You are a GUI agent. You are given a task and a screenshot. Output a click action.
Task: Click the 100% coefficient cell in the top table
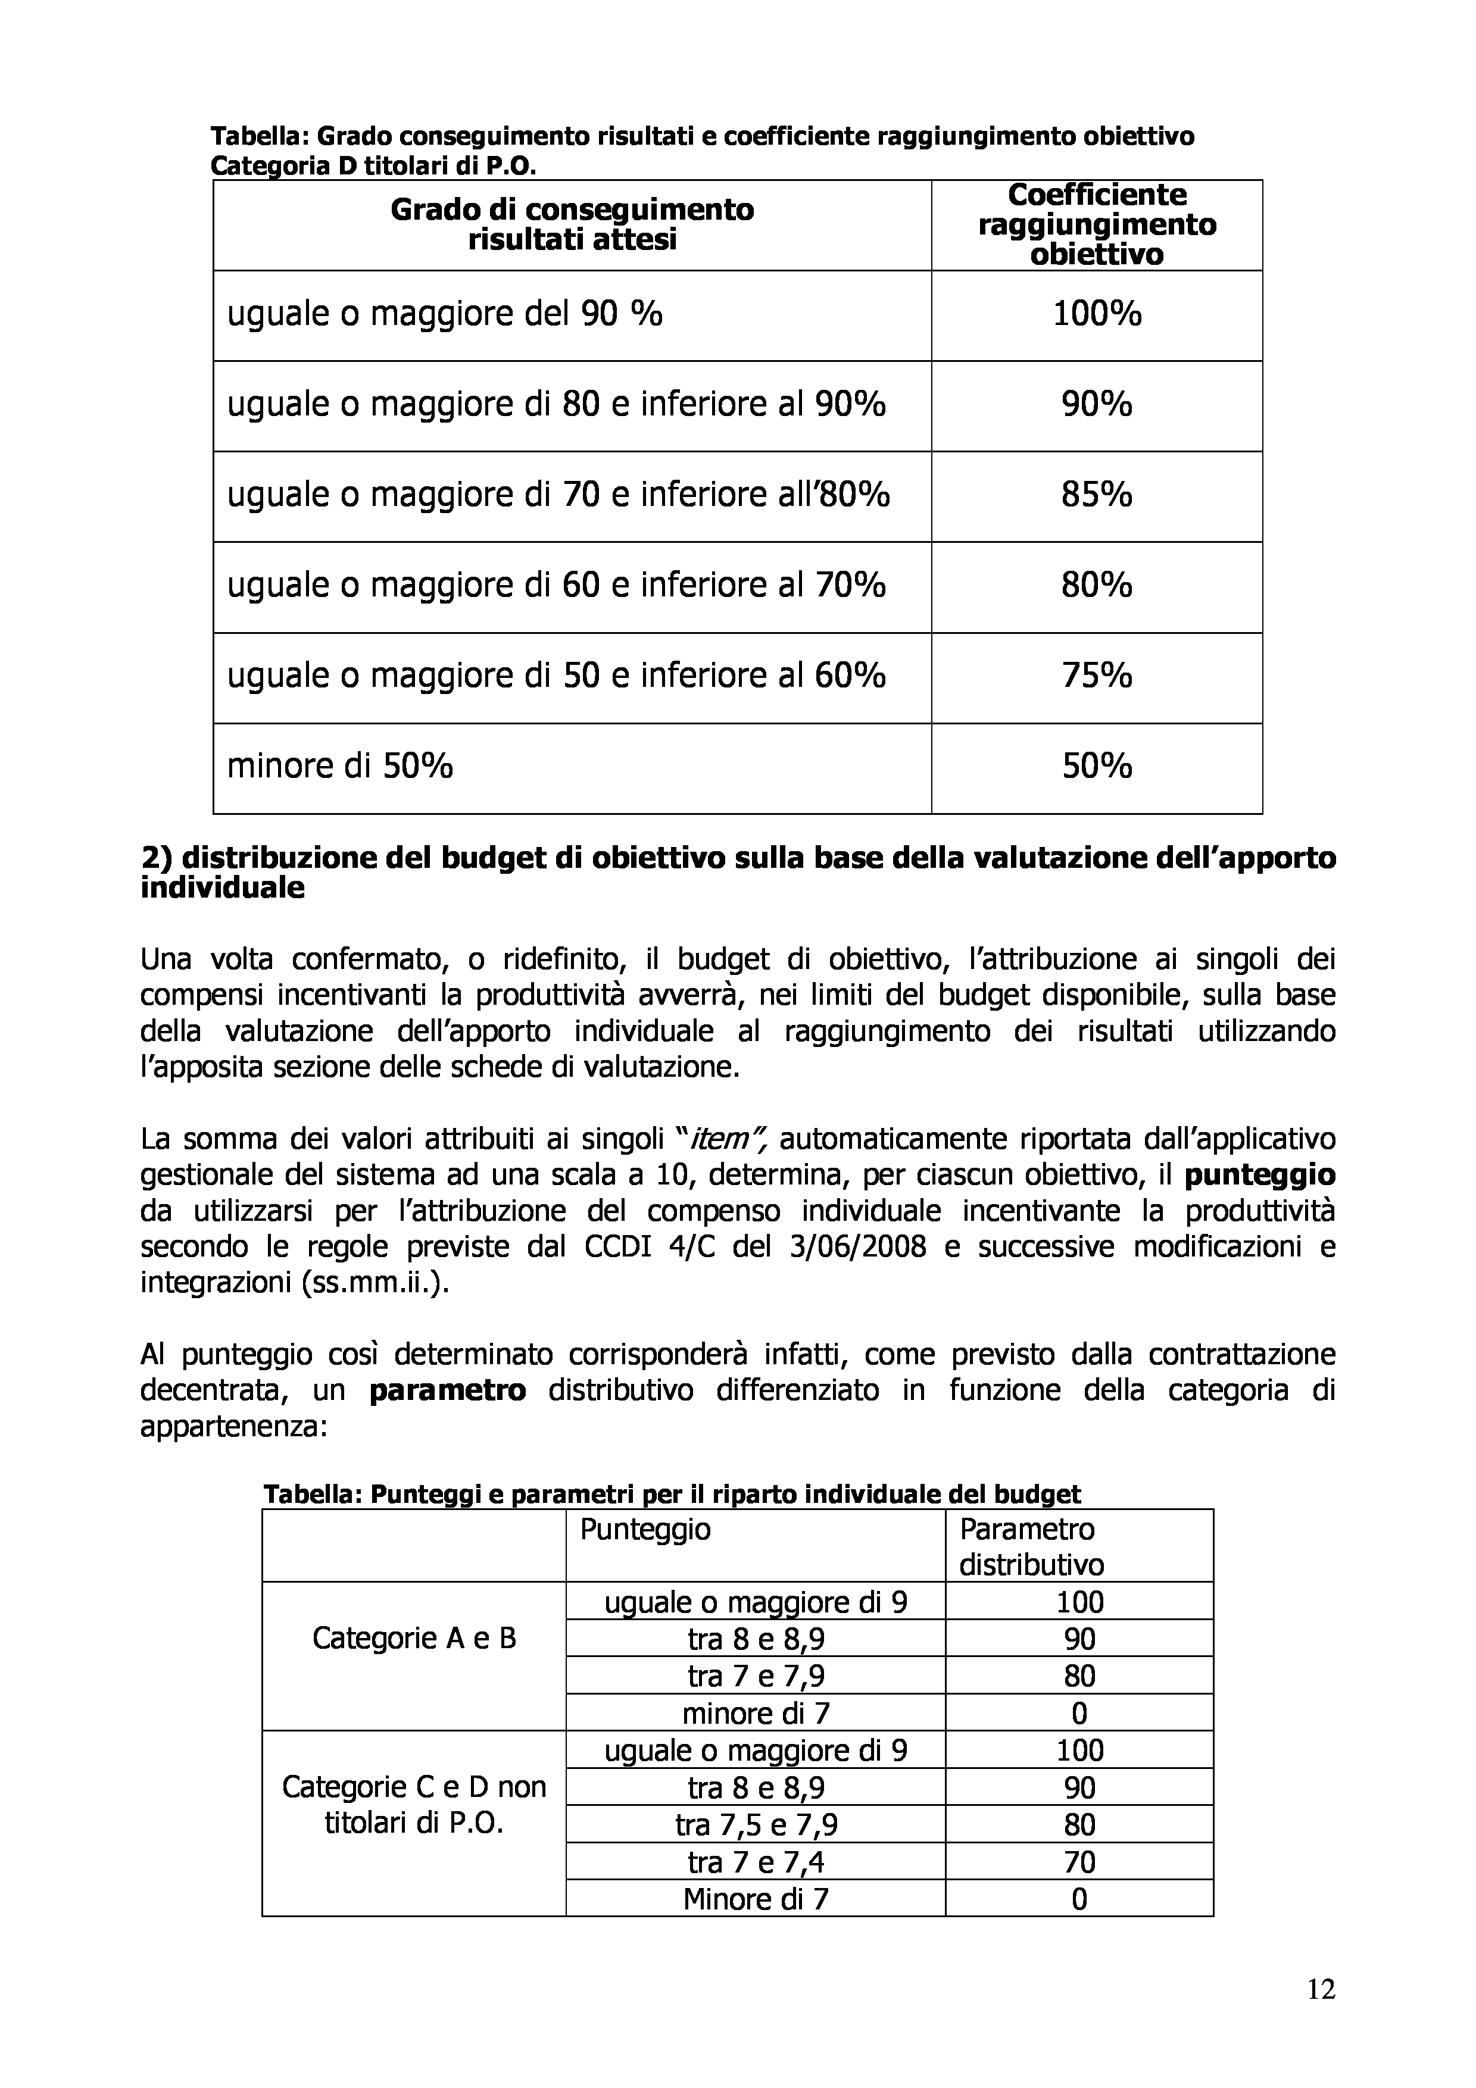(x=1097, y=315)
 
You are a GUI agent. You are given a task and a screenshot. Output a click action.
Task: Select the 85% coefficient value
(x=1097, y=496)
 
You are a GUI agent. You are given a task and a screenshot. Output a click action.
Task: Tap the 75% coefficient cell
(x=1097, y=677)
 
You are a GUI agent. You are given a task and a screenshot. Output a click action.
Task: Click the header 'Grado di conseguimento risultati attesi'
(x=572, y=224)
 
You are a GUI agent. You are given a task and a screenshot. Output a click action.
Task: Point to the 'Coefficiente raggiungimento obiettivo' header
(x=1097, y=224)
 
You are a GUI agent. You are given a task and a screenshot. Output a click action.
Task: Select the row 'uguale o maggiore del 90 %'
(x=445, y=315)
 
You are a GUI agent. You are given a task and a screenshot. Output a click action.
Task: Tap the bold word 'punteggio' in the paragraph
(x=1259, y=1176)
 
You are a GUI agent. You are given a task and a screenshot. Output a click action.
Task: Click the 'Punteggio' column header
(x=645, y=1530)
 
